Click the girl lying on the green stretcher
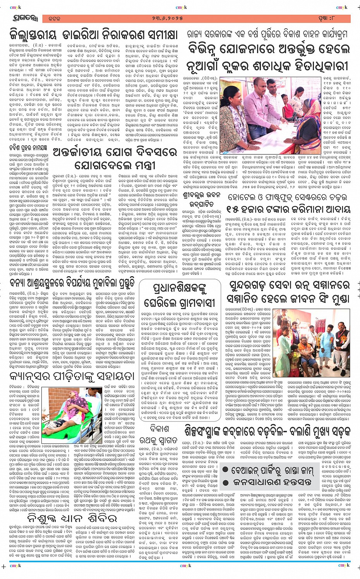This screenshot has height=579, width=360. (65, 407)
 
